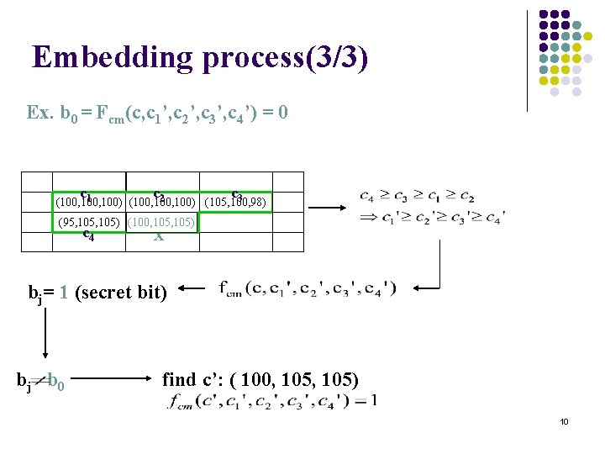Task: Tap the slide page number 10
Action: point(564,421)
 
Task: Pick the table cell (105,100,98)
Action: point(238,203)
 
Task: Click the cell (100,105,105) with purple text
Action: point(162,222)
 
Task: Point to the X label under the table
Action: point(159,237)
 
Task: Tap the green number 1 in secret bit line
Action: point(64,293)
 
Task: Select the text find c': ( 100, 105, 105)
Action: point(260,380)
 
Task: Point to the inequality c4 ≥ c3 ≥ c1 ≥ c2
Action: point(417,197)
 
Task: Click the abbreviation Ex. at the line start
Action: point(40,112)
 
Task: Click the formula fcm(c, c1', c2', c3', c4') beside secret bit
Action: point(306,290)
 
